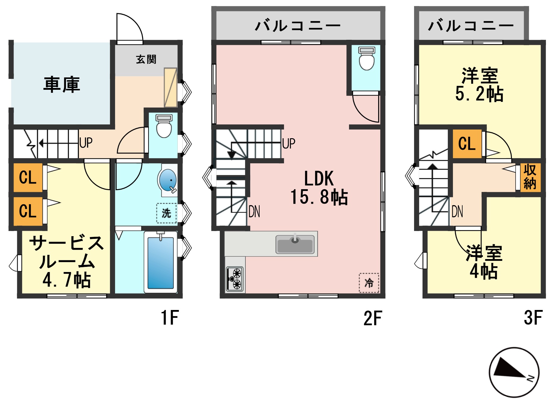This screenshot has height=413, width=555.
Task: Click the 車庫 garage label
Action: [x=62, y=85]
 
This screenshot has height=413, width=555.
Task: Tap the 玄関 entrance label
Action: [x=146, y=59]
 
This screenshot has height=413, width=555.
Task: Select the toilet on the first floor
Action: [x=164, y=126]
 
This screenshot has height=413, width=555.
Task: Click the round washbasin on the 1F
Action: [x=168, y=180]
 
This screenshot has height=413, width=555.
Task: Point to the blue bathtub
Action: [x=161, y=262]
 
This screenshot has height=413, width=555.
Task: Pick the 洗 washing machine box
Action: [x=166, y=213]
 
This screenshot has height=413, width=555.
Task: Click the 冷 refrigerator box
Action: [x=369, y=283]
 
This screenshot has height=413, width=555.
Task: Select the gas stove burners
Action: [x=235, y=279]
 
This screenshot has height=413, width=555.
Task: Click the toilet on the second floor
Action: [x=366, y=59]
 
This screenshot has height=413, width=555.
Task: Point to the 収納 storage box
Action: [x=530, y=177]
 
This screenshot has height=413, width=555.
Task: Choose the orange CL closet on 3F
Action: [x=467, y=143]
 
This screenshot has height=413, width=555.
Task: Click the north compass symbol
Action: [x=514, y=372]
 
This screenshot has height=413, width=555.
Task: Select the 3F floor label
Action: [x=533, y=318]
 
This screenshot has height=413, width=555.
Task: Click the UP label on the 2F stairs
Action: [x=289, y=143]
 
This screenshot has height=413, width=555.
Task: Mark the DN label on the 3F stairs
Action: [x=457, y=211]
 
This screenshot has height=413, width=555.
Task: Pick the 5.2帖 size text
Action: [x=479, y=94]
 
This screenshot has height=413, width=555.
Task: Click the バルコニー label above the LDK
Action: [x=298, y=25]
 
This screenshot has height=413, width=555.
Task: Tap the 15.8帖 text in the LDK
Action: [x=319, y=197]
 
